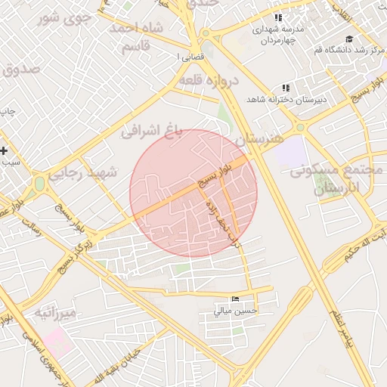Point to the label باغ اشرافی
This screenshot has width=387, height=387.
(x=153, y=131)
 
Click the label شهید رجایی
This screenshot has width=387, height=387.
(x=83, y=173)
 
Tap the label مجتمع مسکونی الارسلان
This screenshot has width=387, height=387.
(x=333, y=180)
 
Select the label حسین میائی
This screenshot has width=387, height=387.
(x=235, y=310)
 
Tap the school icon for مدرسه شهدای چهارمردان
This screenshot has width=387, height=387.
(x=278, y=17)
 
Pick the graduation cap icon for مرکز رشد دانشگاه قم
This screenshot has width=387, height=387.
(x=348, y=39)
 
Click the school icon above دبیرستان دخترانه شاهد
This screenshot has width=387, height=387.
(x=285, y=88)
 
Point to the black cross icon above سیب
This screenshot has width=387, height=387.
(x=5, y=151)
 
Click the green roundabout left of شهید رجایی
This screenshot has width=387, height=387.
(x=39, y=184)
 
